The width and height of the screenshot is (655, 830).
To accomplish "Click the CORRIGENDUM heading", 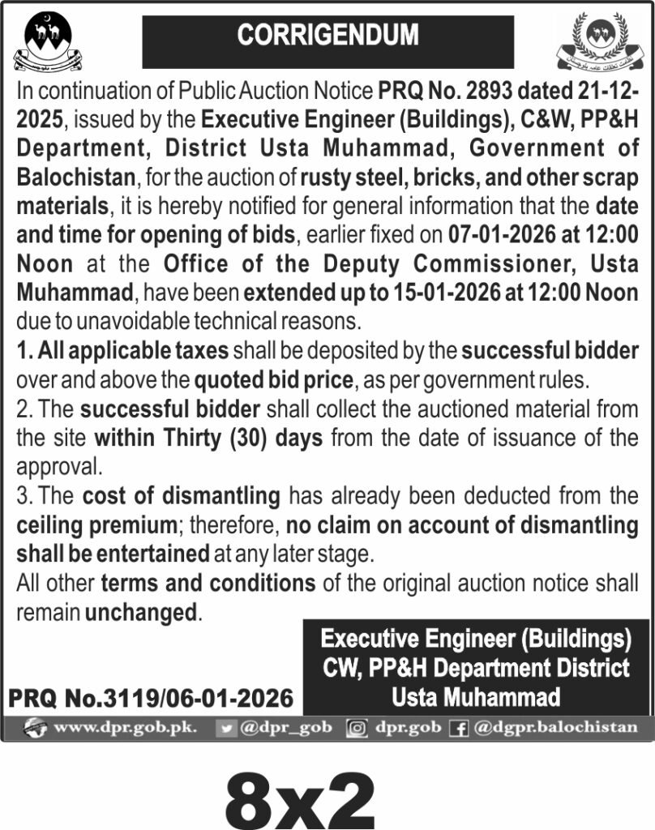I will pyautogui.click(x=327, y=36).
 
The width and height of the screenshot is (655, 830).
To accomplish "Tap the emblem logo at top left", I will pyautogui.click(x=49, y=42).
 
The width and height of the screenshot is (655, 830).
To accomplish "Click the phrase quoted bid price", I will pyautogui.click(x=274, y=379).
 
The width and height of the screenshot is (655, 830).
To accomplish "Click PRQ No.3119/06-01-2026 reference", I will pyautogui.click(x=151, y=697).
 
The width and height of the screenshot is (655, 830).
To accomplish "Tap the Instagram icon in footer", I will pyautogui.click(x=356, y=728).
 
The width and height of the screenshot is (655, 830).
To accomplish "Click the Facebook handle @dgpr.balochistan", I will pyautogui.click(x=556, y=727).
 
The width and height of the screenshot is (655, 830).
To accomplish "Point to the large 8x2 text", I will pyautogui.click(x=300, y=797).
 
